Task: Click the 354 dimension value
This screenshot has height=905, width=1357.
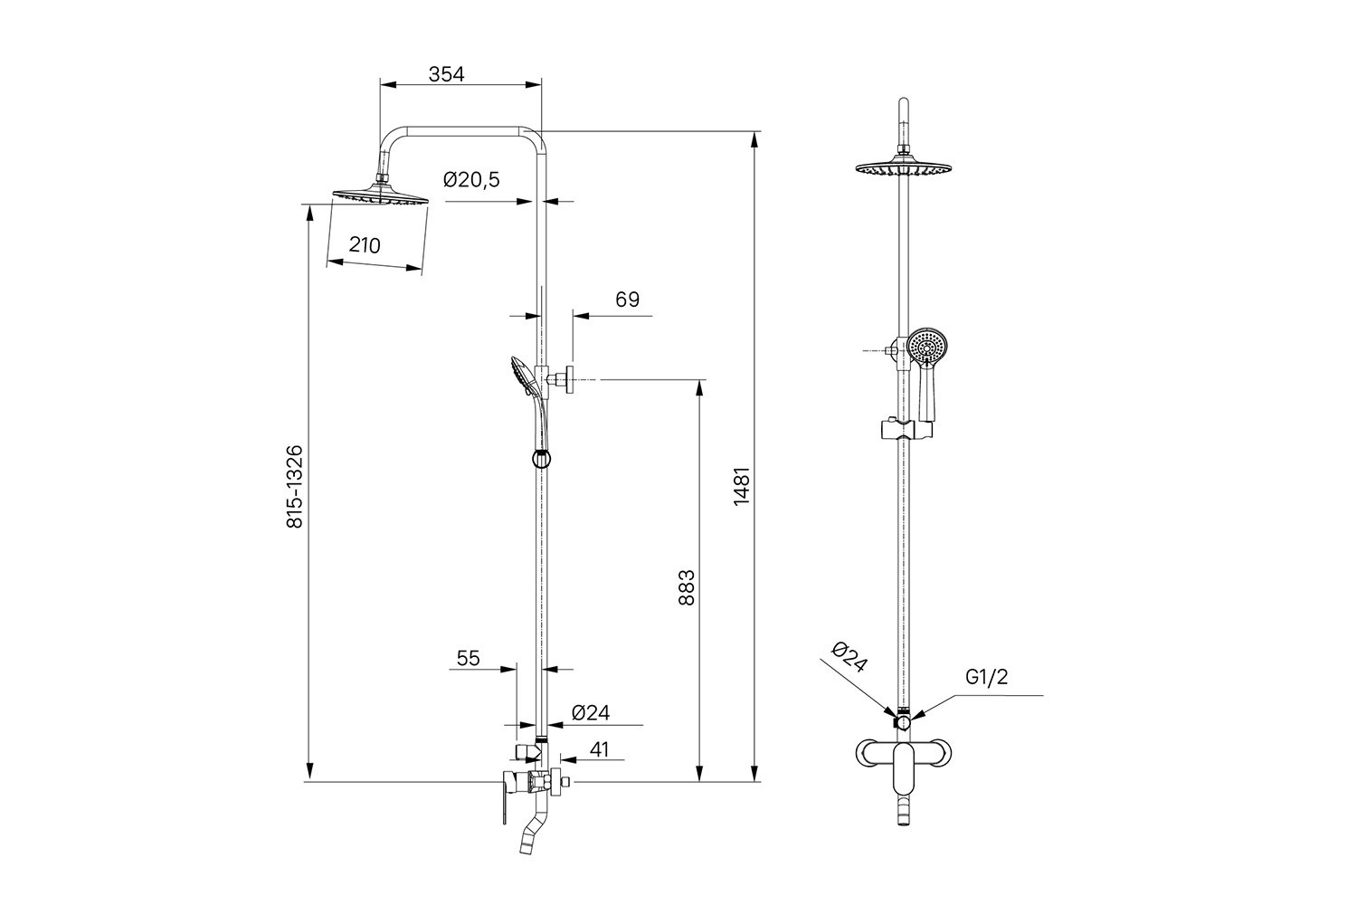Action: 446,74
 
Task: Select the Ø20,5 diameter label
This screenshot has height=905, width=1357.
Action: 471,180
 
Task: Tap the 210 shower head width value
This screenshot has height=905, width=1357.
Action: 365,244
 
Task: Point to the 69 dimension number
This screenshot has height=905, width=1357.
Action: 627,299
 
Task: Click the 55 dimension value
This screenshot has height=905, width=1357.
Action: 468,658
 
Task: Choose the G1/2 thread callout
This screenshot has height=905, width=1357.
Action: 986,677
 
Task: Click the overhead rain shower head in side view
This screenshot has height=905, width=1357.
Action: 381,197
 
